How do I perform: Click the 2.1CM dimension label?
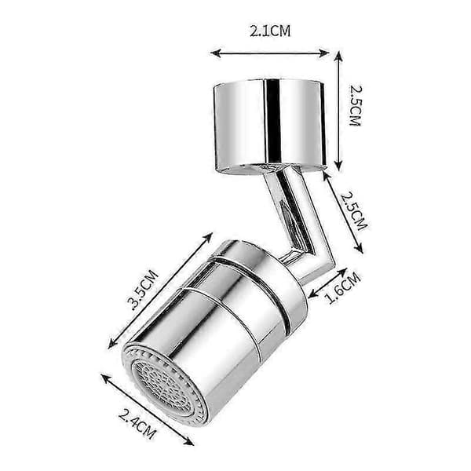[x=270, y=31]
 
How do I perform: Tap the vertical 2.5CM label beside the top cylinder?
[x=356, y=106]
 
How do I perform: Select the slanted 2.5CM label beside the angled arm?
[x=354, y=211]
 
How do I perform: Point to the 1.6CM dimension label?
[x=344, y=288]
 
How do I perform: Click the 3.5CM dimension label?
[x=142, y=290]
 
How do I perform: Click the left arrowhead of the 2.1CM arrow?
[x=216, y=53]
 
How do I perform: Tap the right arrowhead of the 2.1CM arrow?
[x=323, y=53]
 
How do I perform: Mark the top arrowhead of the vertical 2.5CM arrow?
[x=338, y=56]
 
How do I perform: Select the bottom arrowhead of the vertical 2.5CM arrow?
[x=338, y=165]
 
